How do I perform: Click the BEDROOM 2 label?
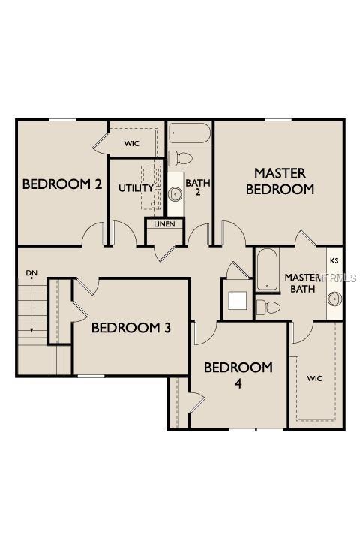tap(62, 184)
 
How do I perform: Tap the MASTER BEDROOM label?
tap(280, 181)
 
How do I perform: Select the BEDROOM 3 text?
tap(131, 327)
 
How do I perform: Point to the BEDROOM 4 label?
tap(238, 374)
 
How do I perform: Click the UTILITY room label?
tap(136, 187)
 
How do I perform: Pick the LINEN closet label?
tap(164, 224)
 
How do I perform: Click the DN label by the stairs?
tap(31, 272)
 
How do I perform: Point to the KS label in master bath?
tap(334, 262)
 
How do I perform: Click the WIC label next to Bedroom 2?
tap(133, 142)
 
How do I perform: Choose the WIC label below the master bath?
tap(314, 378)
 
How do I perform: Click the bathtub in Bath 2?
tap(190, 134)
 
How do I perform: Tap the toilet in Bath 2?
tap(181, 158)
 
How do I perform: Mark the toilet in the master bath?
tap(268, 307)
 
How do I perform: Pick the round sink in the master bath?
tap(333, 300)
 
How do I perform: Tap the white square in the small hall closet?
tap(238, 300)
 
